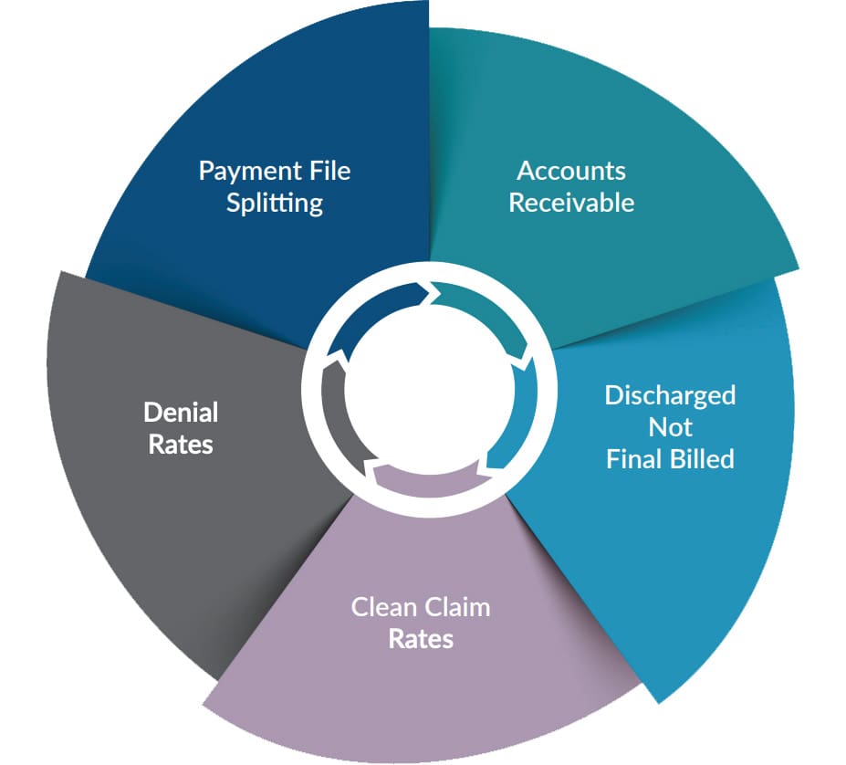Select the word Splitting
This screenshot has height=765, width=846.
click(x=275, y=202)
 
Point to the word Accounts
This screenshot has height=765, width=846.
click(x=571, y=171)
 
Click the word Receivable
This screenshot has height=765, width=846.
click(x=571, y=202)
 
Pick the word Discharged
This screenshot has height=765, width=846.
click(x=670, y=395)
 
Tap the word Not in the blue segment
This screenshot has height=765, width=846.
click(x=670, y=426)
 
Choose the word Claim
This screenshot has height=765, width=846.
click(x=456, y=607)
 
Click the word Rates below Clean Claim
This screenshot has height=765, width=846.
click(x=421, y=638)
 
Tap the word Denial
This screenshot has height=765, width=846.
click(x=181, y=413)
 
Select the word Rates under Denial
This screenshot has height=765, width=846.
click(x=181, y=444)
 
